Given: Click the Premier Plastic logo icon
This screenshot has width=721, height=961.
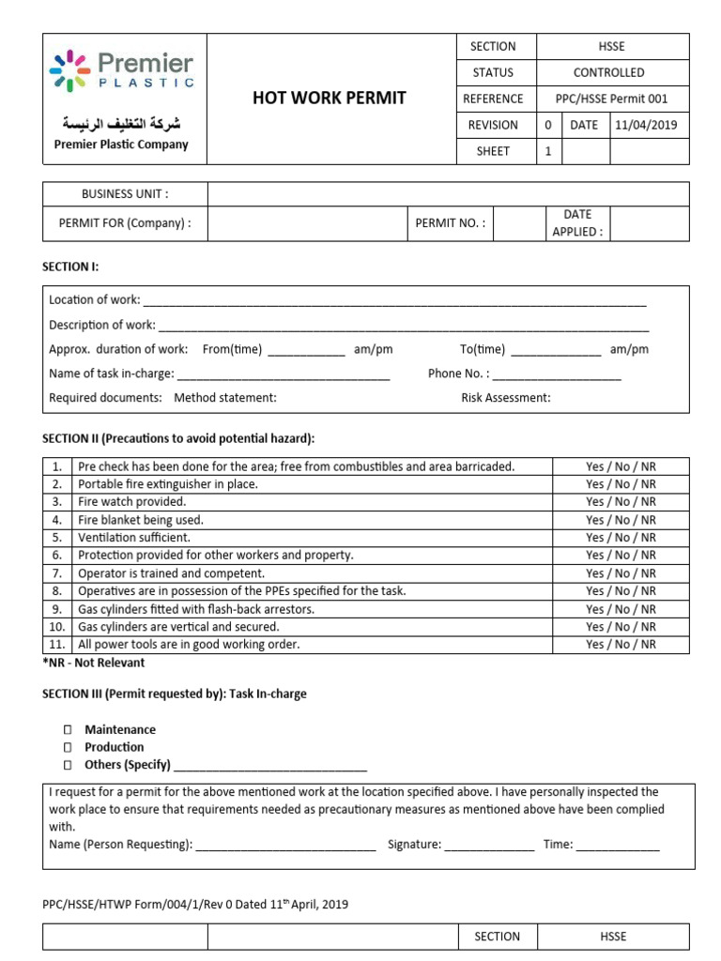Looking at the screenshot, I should pos(69,71).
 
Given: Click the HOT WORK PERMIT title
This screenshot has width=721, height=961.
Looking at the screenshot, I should pos(329,99).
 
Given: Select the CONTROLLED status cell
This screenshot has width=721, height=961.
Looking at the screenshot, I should pos(608,72).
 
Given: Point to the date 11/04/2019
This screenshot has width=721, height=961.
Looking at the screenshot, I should pos(647,125).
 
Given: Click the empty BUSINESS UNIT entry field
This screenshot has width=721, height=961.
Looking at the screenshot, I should pos(448,194).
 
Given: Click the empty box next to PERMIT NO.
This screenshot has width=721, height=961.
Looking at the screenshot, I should pos(519,223).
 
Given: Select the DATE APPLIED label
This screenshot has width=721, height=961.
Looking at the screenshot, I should pos(577,223).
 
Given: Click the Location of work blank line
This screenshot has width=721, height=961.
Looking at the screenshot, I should pos(394,301).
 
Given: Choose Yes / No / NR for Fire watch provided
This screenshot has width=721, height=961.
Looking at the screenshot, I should pos(621,502).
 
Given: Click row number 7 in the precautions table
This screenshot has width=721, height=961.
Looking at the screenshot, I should pos(57,573).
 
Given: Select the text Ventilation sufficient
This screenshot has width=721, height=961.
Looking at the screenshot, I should pos(134,538).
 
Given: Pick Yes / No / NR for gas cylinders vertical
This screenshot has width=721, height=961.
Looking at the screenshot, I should pos(621,627).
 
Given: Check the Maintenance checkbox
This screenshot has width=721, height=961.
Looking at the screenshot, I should pos(68,730).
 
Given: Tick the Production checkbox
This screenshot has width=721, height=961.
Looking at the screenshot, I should pos(68,748).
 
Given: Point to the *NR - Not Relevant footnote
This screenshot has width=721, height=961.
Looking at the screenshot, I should pos(94,663).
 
